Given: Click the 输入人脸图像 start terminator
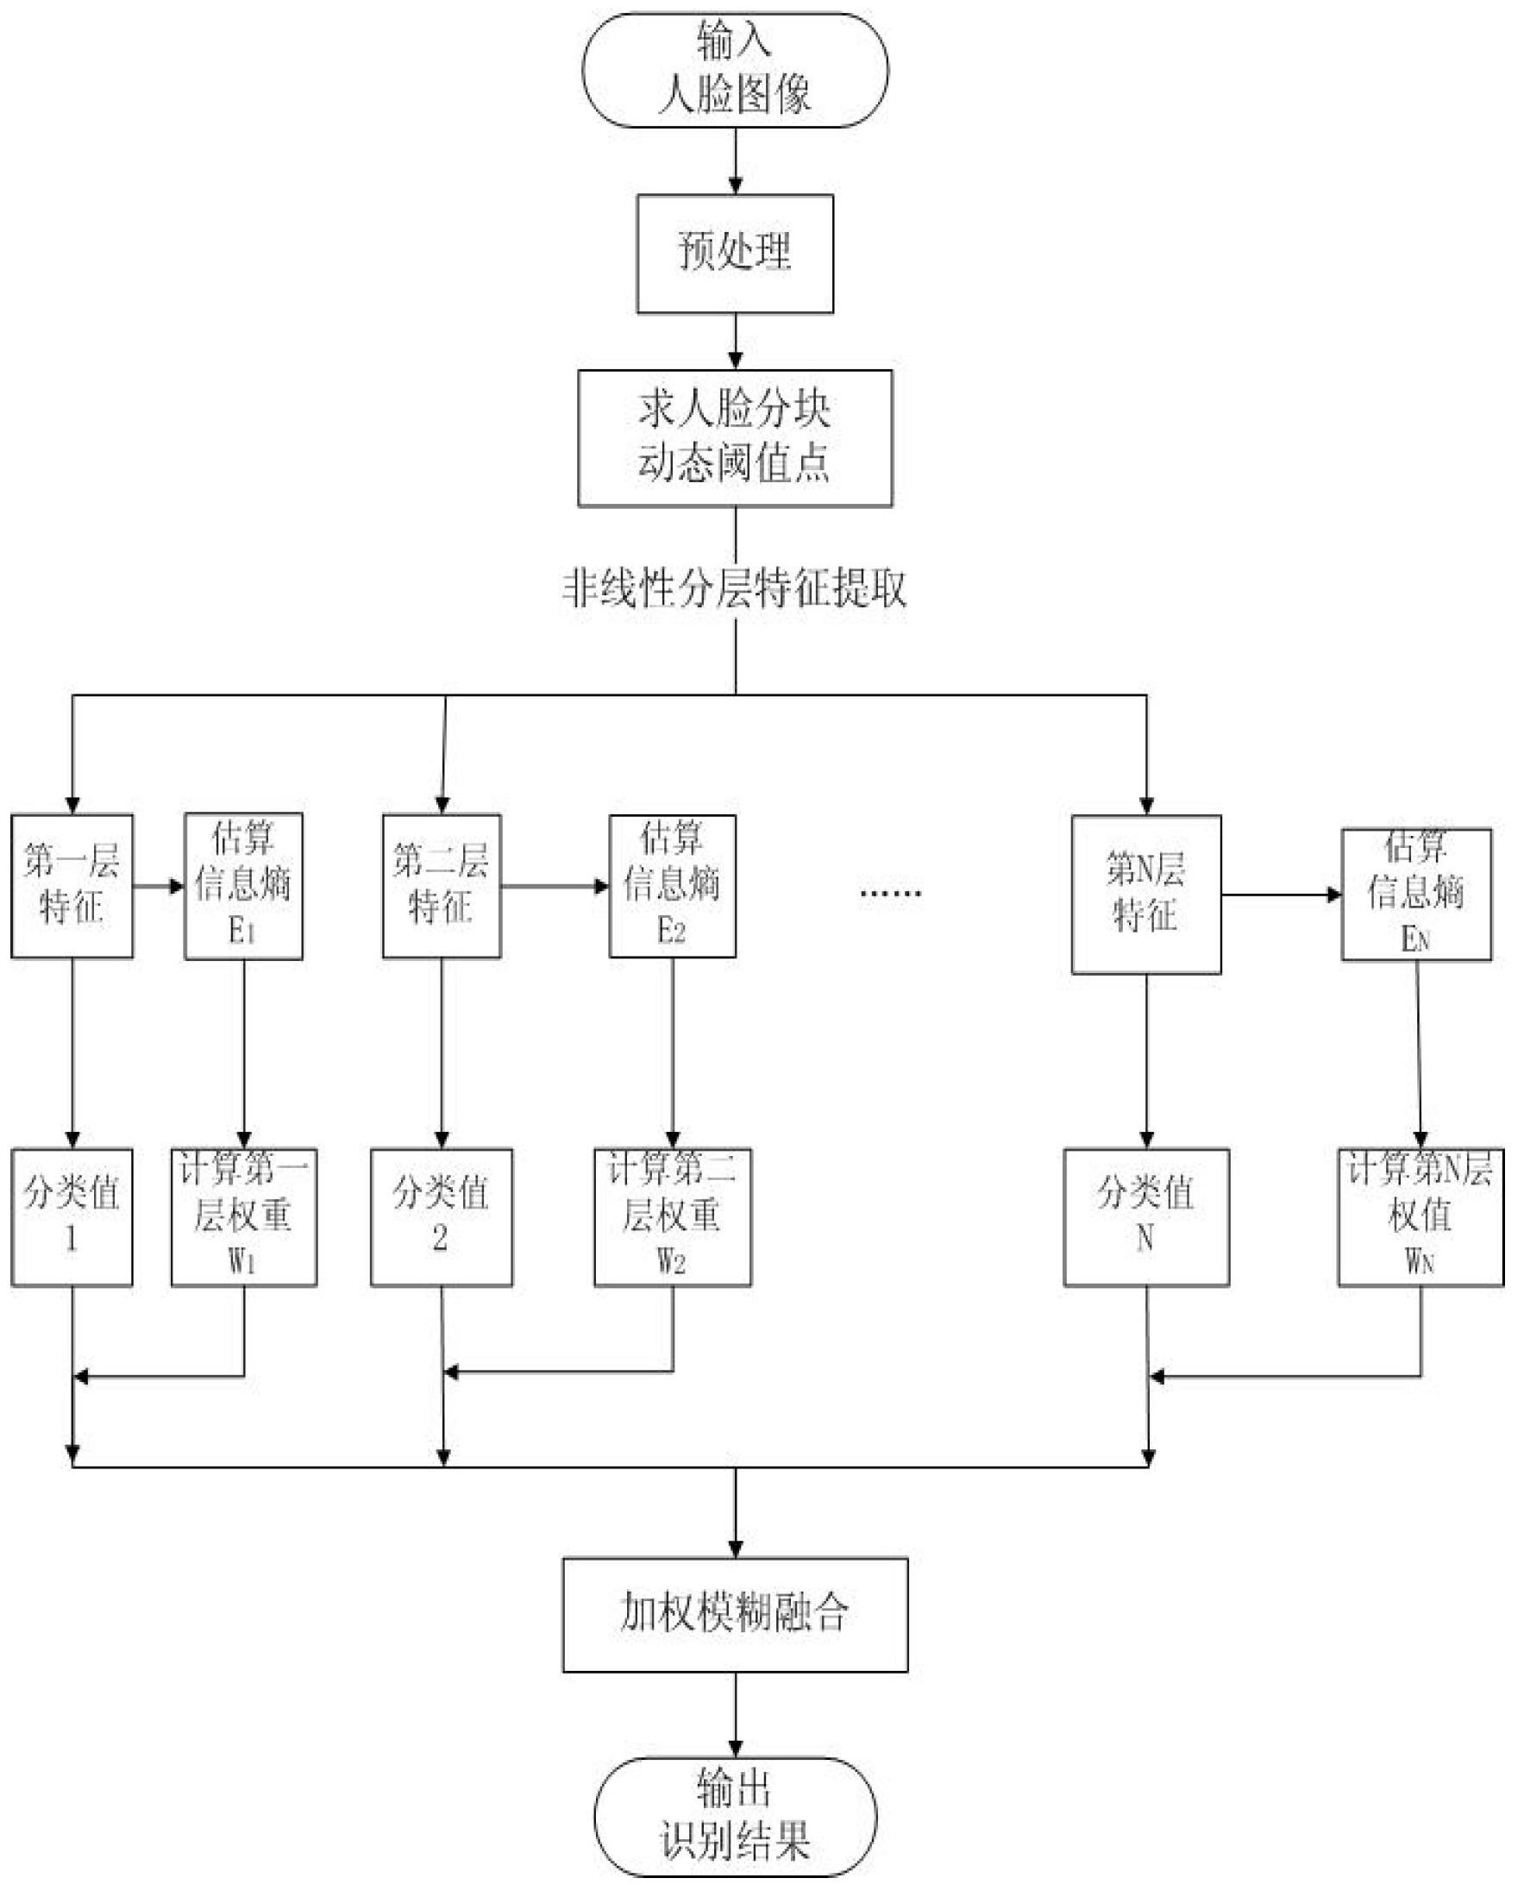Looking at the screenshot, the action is tap(735, 70).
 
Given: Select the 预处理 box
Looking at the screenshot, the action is tap(735, 254).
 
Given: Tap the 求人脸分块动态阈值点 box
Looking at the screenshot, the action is tap(735, 437).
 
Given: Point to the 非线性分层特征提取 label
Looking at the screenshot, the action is tap(735, 588).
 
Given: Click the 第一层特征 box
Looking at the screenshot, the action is tap(72, 885).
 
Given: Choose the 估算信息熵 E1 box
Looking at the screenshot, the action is tap(244, 885).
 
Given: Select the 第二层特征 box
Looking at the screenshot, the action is tap(442, 885).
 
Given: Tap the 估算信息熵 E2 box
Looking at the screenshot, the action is tap(673, 885).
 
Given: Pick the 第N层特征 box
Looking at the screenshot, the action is tap(1146, 894).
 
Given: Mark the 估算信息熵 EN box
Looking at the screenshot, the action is tap(1417, 894).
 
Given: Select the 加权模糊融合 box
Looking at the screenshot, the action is tap(736, 1615).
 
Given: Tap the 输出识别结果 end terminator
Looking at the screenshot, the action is tap(736, 1817).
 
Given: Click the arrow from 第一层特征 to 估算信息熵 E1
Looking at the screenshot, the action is tap(159, 885).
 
